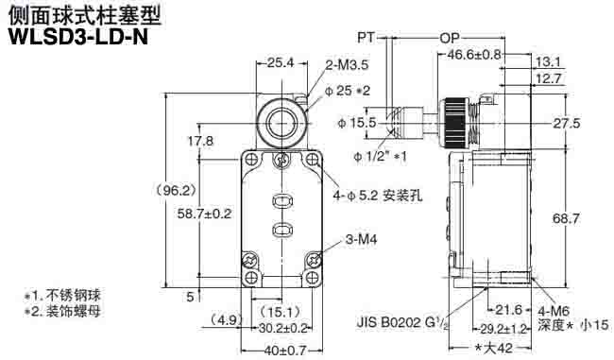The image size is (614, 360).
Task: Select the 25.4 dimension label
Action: point(280,62)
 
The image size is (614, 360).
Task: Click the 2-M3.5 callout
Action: point(347,65)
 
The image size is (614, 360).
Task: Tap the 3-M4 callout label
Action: point(364,241)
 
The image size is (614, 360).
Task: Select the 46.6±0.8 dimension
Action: point(474,56)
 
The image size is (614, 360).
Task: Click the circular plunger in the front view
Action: point(281,122)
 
